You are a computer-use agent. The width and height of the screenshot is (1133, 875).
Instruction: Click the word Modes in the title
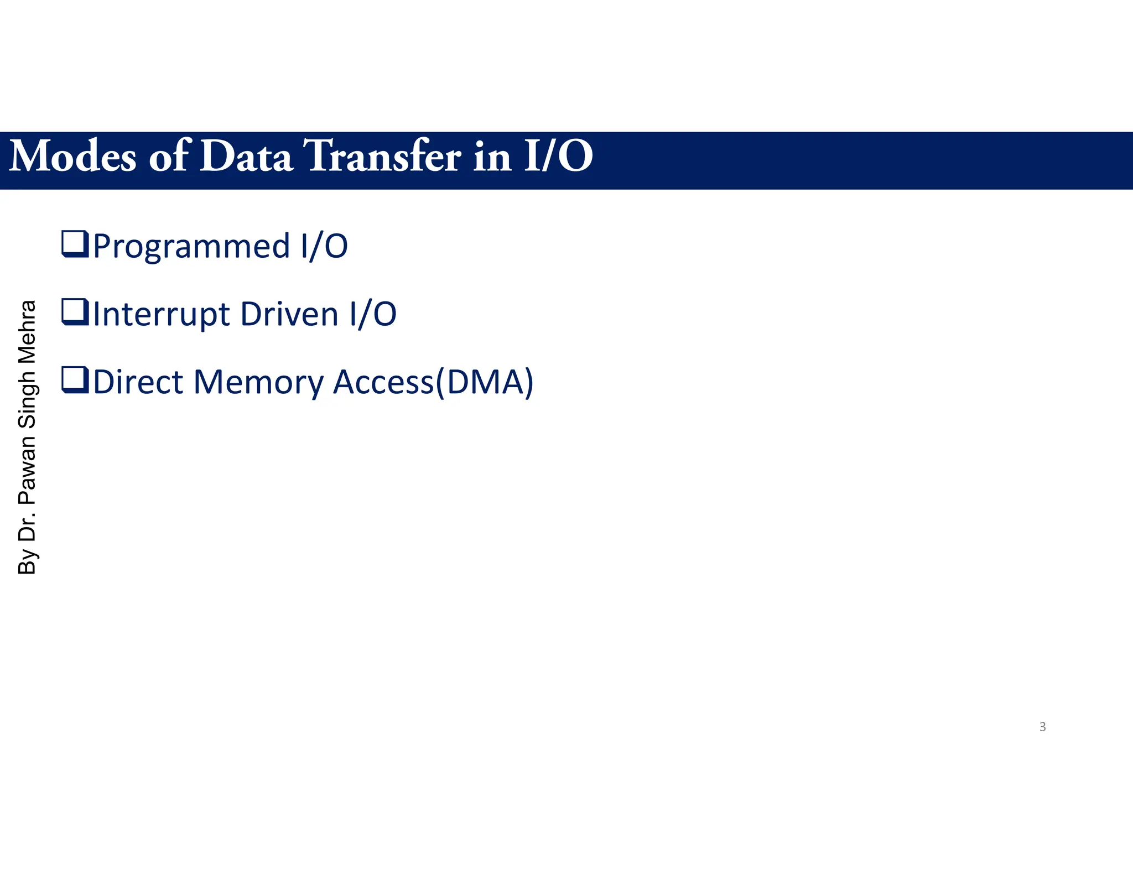(x=72, y=157)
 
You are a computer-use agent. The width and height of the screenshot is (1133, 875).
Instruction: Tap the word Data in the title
(x=246, y=157)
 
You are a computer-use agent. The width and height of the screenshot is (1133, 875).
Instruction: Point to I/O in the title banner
(x=558, y=157)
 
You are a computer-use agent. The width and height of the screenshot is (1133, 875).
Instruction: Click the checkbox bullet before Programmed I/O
(x=75, y=244)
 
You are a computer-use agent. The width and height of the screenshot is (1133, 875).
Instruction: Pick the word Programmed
(x=191, y=247)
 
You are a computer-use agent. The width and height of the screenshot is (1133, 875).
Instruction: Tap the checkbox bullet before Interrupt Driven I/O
(x=75, y=312)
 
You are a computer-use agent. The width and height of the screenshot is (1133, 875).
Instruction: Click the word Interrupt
(x=161, y=314)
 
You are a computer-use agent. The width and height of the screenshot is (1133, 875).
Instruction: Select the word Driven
(x=289, y=314)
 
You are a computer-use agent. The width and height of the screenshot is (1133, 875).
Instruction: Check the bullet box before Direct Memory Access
(x=75, y=381)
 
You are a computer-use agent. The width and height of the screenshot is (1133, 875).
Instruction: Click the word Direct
(x=138, y=382)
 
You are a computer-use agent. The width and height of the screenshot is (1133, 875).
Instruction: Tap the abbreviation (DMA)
(x=485, y=382)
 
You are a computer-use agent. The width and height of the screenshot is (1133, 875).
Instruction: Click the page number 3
(x=1042, y=727)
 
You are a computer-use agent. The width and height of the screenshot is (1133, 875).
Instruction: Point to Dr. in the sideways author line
(x=27, y=526)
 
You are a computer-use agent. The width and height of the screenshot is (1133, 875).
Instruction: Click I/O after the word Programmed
(x=324, y=247)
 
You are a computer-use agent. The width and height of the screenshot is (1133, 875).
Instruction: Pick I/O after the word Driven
(x=373, y=314)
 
